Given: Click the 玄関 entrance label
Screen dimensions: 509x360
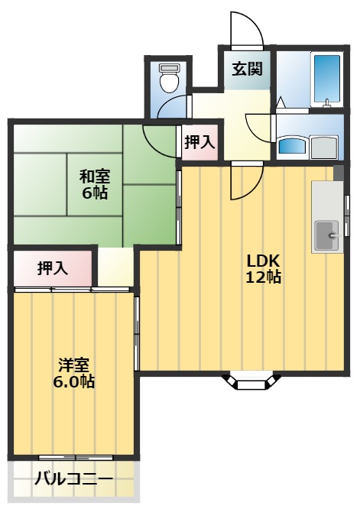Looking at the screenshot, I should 247,70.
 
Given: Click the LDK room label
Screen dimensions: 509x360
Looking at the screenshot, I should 262,258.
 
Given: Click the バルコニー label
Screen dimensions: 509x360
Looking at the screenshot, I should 74,481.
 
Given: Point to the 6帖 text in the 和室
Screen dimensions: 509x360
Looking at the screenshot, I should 96,193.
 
